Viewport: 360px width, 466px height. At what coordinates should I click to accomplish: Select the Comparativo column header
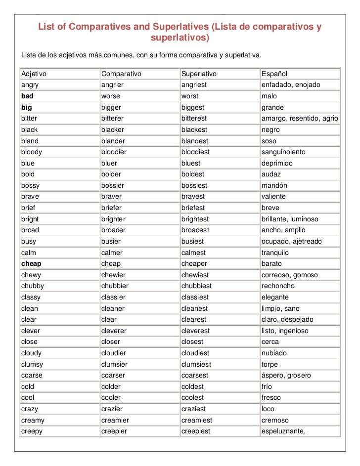(121, 74)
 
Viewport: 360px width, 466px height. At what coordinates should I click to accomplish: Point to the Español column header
(274, 74)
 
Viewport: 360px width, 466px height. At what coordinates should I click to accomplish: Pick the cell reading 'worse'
(111, 96)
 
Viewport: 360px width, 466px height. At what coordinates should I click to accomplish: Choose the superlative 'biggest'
(193, 107)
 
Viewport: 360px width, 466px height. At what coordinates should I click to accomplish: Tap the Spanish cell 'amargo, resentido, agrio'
(300, 119)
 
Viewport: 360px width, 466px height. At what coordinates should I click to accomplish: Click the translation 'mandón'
(274, 185)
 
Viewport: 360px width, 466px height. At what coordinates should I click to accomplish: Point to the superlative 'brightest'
(195, 219)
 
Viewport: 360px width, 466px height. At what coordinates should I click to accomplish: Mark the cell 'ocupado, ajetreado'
(291, 241)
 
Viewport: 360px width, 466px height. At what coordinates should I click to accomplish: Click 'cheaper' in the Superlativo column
(194, 264)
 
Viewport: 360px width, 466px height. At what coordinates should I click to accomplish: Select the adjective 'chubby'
(32, 286)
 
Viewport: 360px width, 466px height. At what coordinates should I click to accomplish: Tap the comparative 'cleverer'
(114, 331)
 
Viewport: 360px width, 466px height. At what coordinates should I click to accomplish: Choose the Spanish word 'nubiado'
(274, 353)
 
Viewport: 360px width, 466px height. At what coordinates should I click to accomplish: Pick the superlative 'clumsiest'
(196, 364)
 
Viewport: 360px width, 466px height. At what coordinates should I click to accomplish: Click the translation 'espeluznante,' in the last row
(284, 431)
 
